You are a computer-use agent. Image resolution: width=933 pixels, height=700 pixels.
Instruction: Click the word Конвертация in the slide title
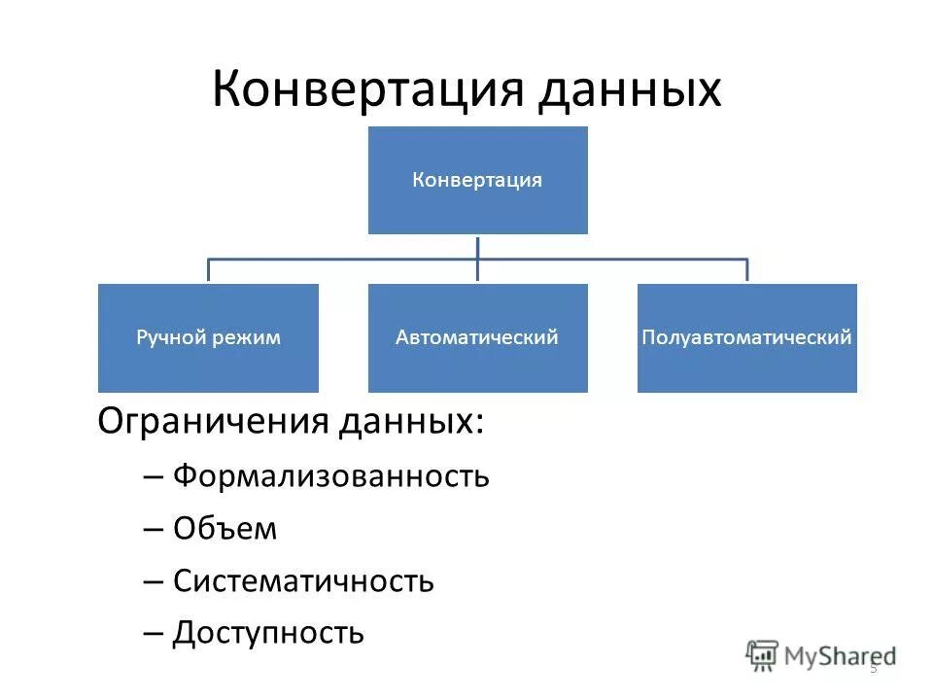364,89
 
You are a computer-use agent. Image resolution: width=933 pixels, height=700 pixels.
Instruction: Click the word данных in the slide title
626,89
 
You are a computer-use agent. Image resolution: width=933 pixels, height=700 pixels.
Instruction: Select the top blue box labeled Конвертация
477,180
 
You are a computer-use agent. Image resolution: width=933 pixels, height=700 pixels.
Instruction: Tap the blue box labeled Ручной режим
208,338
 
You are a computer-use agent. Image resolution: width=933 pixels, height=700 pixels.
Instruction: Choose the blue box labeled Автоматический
477,338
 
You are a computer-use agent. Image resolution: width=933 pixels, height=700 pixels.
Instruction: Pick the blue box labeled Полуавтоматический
746,338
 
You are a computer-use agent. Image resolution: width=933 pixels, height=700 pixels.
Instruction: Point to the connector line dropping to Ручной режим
208,270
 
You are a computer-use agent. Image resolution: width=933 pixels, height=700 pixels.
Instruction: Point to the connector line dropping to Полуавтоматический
746,270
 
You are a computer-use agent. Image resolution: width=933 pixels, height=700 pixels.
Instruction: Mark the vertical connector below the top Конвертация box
477,247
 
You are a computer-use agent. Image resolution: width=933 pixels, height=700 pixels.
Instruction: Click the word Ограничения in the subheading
213,422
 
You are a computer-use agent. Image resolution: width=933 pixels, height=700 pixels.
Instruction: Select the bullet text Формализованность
330,476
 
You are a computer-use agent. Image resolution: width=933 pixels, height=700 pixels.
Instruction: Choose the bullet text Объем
225,529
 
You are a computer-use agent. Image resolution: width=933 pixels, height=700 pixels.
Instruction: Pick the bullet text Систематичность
303,581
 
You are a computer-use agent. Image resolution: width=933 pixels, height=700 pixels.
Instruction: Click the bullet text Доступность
268,634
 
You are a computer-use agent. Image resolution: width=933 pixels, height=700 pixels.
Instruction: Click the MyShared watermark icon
762,654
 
